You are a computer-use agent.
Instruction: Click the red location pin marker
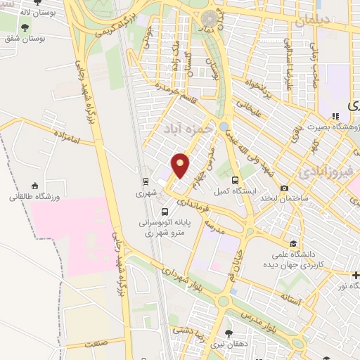[181, 165]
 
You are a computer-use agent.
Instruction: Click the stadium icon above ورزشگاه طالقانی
[33, 186]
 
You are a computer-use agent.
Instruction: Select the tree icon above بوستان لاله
[25, 28]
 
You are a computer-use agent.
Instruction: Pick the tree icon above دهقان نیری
[228, 334]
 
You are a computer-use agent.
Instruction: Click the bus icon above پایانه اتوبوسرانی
[165, 212]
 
